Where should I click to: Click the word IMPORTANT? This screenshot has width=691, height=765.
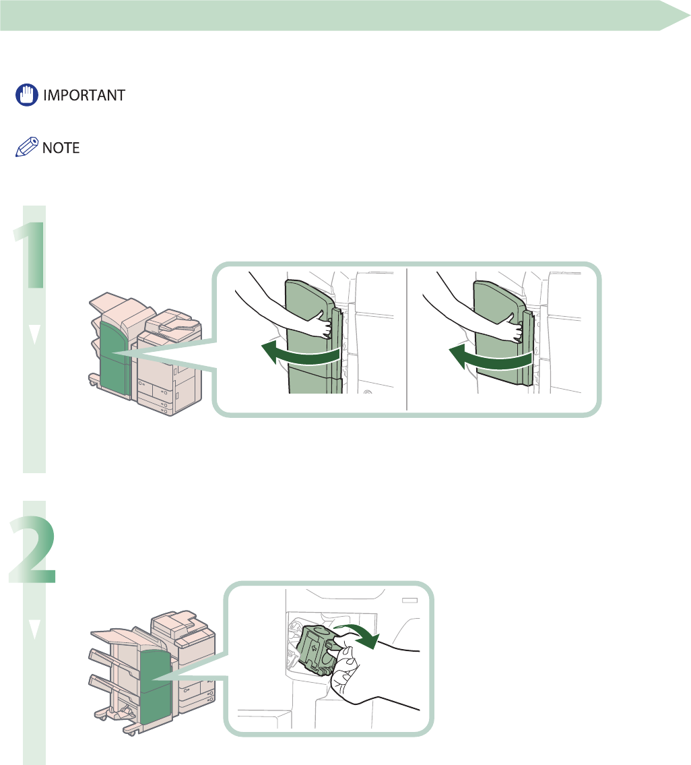click(x=84, y=95)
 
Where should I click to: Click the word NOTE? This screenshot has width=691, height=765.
click(x=61, y=148)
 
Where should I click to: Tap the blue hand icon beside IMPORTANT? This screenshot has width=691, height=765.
click(x=26, y=95)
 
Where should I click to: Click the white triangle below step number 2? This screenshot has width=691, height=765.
click(x=35, y=628)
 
